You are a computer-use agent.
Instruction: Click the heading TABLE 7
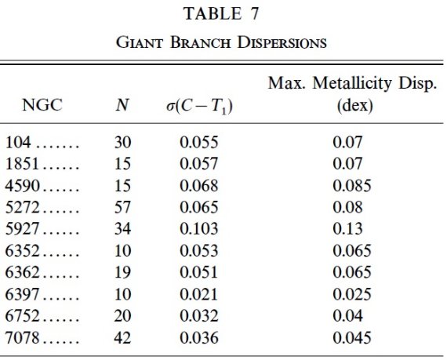(x=221, y=13)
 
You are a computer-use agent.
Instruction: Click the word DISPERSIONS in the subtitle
(x=282, y=42)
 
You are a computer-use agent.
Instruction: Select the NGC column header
(x=42, y=105)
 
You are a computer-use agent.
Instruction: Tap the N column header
(x=122, y=105)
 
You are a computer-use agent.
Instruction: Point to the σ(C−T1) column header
(x=199, y=107)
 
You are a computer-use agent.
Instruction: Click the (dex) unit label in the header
(x=355, y=106)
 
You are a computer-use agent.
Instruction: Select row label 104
(x=18, y=142)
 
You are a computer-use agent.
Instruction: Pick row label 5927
(x=22, y=229)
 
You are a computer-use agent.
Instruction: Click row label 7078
(x=22, y=338)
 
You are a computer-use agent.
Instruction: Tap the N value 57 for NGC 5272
(x=122, y=207)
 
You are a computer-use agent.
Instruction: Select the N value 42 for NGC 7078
(x=122, y=338)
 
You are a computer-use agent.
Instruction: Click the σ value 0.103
(x=199, y=229)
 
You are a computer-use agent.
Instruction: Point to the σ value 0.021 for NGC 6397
(x=198, y=294)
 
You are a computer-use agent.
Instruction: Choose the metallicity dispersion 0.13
(x=347, y=229)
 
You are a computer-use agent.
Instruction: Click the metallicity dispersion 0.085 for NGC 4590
(x=352, y=185)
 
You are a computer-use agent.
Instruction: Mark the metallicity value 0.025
(x=352, y=294)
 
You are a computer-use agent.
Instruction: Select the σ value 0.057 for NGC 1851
(x=199, y=164)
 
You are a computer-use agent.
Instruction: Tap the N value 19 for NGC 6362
(x=122, y=272)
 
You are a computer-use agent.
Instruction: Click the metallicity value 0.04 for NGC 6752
(x=347, y=316)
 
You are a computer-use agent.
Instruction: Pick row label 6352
(x=22, y=251)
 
